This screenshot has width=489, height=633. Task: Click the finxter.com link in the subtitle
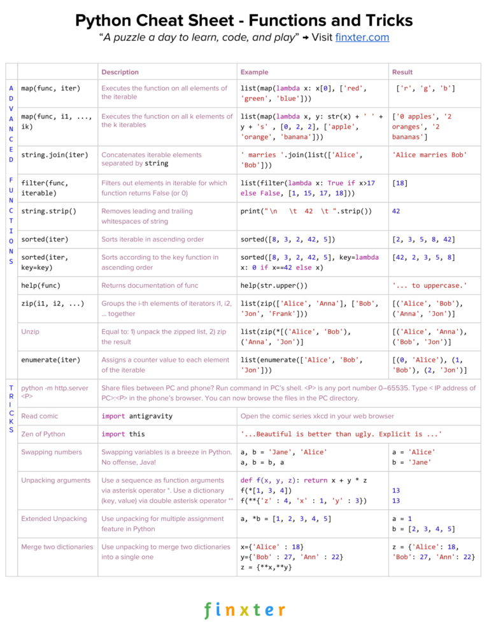(362, 37)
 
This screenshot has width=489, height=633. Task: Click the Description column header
(120, 72)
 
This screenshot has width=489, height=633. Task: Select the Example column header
(254, 72)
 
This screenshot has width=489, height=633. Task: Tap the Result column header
(402, 72)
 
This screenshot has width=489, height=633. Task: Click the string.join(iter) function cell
(55, 155)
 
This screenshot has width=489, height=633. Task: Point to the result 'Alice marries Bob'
(429, 155)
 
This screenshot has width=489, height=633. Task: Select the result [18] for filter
(400, 183)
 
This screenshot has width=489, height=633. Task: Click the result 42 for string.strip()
(396, 211)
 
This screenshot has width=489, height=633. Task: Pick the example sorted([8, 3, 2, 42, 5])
(288, 239)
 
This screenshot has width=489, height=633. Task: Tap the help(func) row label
(41, 285)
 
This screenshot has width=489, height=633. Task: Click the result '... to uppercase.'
(429, 285)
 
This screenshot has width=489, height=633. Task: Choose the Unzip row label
(30, 332)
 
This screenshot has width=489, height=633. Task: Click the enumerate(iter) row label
(51, 360)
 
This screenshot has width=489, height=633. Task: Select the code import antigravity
(137, 416)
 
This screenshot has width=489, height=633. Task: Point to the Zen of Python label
(43, 434)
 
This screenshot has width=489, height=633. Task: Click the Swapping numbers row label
(52, 452)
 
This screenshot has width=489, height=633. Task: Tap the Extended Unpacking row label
(54, 518)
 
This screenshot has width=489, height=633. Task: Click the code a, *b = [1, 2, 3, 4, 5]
(286, 518)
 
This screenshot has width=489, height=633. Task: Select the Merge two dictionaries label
(57, 546)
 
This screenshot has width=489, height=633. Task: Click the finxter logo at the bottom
(244, 609)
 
